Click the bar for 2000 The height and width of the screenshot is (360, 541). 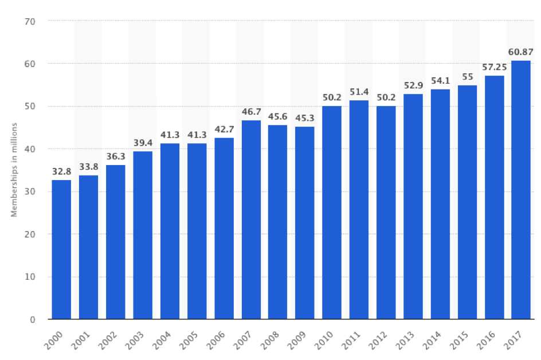(x=61, y=249)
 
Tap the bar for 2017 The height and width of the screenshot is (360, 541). (x=521, y=190)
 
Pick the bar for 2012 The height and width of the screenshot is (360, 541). (x=386, y=212)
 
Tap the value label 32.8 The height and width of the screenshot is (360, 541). (x=61, y=172)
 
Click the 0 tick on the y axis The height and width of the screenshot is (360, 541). (x=33, y=319)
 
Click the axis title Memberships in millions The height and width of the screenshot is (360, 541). (x=14, y=170)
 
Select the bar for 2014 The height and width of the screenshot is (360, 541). (x=440, y=204)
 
